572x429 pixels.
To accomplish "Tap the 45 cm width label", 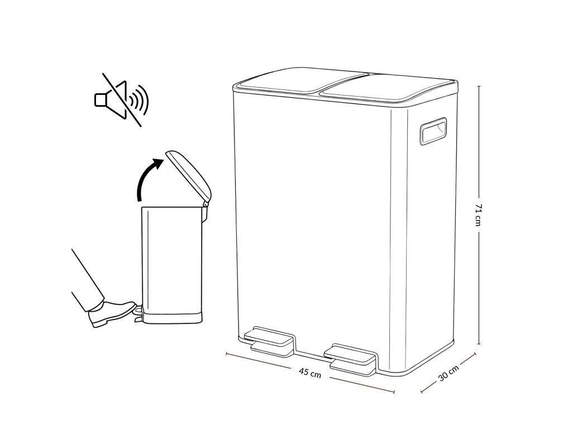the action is (310, 373).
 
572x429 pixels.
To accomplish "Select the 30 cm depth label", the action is (449, 373).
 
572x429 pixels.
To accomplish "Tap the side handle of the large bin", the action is (434, 132).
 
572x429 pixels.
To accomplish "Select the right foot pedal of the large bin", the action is (352, 358).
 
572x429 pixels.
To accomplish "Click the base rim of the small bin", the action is (172, 318).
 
